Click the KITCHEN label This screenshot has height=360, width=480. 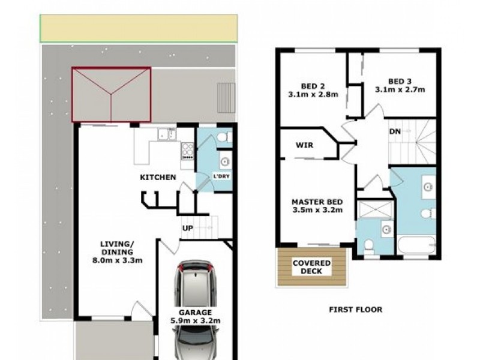coord(158,177)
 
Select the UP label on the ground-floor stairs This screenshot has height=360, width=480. coord(187,228)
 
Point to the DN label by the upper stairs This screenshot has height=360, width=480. coord(395,131)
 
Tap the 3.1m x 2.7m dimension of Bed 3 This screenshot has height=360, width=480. coord(400,90)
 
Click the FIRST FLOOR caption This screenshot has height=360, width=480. coord(355,310)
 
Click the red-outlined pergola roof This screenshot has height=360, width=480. coord(111,94)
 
